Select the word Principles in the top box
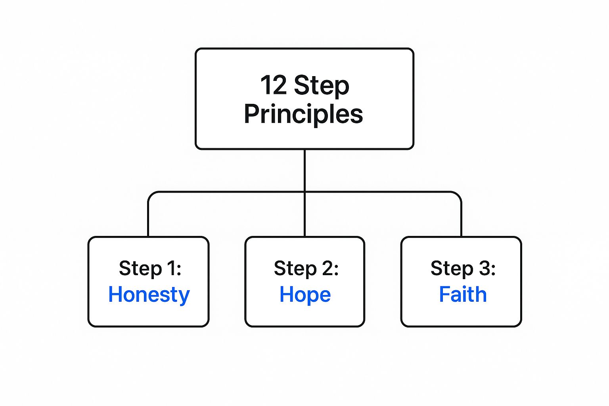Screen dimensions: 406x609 coord(303,114)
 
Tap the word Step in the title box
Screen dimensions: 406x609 coord(322,86)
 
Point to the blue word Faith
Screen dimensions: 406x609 coord(463,295)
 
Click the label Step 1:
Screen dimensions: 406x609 coord(150,268)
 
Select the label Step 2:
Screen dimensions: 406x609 coord(306,268)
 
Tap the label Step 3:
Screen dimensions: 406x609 coord(463,268)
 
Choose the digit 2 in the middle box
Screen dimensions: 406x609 coord(327,268)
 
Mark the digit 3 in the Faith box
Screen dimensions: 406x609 coord(485,268)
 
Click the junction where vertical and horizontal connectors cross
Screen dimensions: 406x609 coord(304,192)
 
